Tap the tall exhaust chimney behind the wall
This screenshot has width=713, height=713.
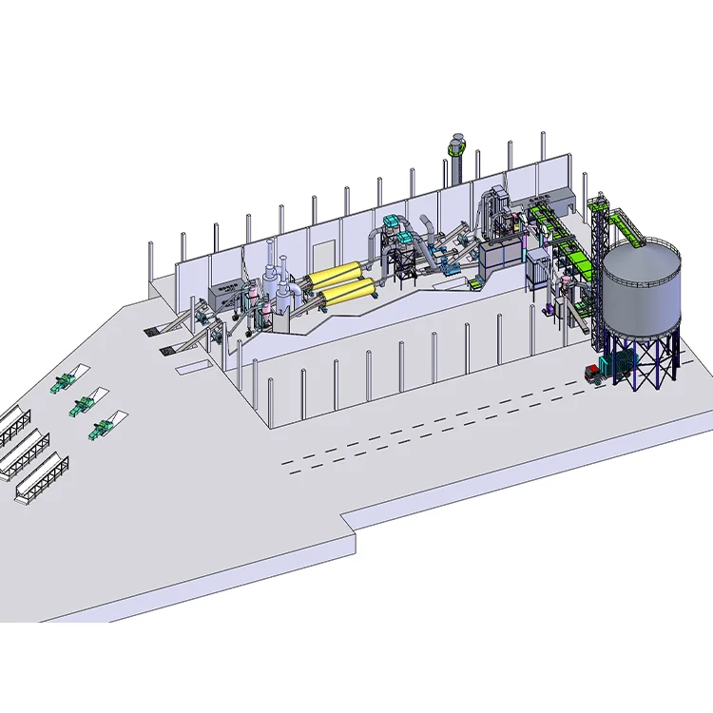pyautogui.click(x=455, y=167)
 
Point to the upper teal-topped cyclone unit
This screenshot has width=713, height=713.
pyautogui.click(x=392, y=225)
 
